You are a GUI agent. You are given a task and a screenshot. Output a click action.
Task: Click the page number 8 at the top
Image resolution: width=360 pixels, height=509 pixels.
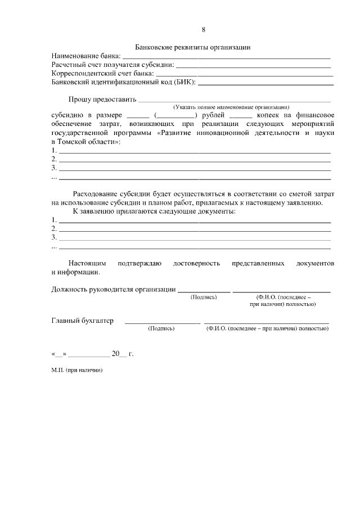(203, 30)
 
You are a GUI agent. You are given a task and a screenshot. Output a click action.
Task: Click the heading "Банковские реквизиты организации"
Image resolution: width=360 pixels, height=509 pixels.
(192, 48)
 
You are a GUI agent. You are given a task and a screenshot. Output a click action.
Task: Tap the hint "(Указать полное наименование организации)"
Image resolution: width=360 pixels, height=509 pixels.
(231, 107)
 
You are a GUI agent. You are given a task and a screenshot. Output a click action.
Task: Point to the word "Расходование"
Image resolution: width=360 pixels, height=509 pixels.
(92, 194)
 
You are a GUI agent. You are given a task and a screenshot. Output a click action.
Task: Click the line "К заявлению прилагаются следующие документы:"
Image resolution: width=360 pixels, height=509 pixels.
(154, 211)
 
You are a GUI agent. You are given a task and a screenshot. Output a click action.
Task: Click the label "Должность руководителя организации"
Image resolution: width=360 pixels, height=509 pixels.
(112, 290)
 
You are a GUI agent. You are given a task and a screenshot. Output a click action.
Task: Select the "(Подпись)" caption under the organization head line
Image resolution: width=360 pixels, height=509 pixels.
(204, 297)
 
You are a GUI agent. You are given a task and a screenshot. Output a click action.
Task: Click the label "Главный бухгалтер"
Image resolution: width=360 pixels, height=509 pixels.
(82, 321)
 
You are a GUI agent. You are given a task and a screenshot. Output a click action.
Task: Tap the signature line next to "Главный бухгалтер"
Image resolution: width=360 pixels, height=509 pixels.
(161, 322)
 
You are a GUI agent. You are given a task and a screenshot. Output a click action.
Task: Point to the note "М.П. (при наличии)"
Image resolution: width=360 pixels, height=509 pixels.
(78, 372)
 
